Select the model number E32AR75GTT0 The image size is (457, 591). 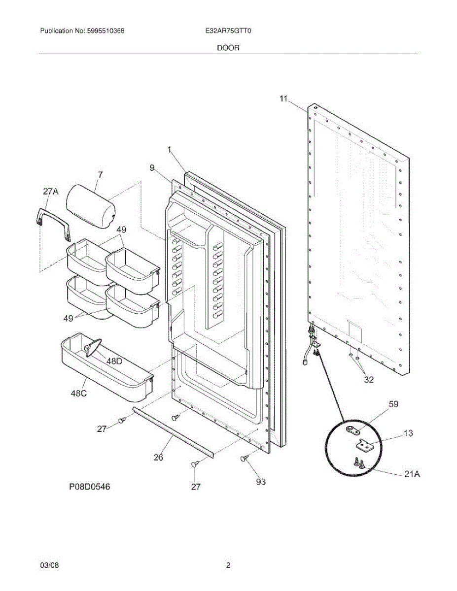click(x=228, y=31)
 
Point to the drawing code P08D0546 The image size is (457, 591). click(x=89, y=487)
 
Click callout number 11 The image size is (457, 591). click(x=283, y=98)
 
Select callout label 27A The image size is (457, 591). click(x=50, y=191)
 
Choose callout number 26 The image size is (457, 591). click(x=158, y=457)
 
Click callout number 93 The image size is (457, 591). click(x=260, y=482)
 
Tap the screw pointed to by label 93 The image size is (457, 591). click(x=244, y=459)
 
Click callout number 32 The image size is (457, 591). click(x=369, y=379)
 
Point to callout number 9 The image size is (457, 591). click(x=153, y=168)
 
